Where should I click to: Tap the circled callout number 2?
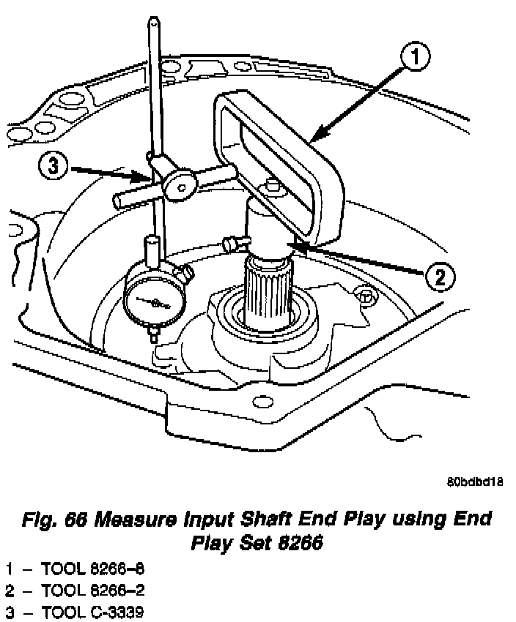pos(438,277)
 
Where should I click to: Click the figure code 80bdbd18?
pos(474,482)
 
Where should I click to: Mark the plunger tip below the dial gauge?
pos(153,335)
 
